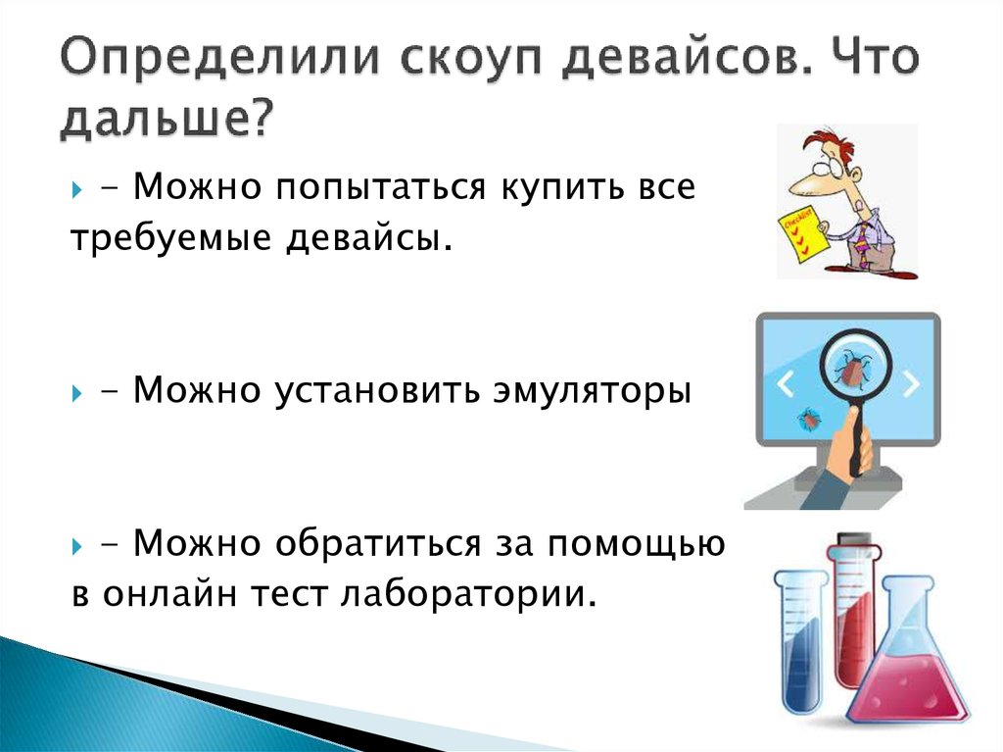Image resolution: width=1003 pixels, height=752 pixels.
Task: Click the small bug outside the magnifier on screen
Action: tap(810, 418)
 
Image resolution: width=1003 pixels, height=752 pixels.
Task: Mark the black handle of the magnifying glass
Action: tap(859, 441)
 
